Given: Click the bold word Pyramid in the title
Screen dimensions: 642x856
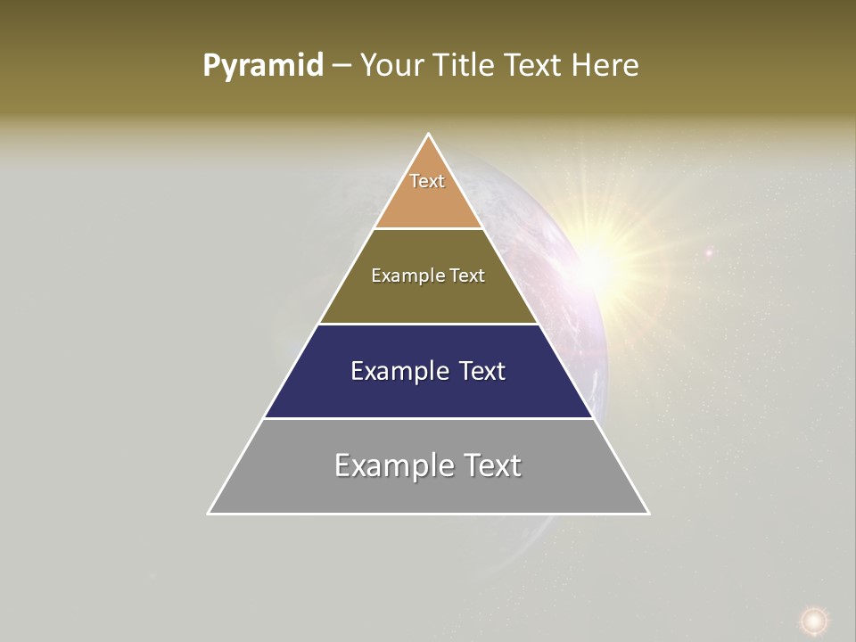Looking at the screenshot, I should tap(263, 66).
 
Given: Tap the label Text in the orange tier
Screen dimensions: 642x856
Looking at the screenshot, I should tap(427, 181).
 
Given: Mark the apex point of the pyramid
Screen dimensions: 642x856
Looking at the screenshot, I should tap(429, 135).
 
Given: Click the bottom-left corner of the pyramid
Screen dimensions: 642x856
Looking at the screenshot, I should tap(209, 514).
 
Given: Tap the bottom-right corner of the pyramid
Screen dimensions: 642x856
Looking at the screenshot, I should tap(648, 514).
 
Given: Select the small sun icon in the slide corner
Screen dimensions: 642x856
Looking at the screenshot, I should tap(812, 620).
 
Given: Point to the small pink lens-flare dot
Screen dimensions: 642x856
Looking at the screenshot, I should tap(709, 253).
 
